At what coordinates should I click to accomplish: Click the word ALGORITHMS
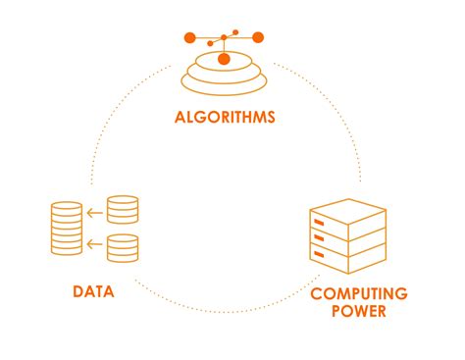(225, 119)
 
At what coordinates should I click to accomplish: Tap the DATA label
(94, 291)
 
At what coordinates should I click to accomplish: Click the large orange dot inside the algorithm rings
(224, 60)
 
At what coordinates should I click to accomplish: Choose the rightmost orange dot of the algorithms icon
(258, 38)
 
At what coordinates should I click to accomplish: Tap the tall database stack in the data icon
(67, 228)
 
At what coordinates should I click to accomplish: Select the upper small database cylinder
(123, 209)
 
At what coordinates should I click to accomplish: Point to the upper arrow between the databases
(95, 210)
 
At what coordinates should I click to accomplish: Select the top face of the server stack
(346, 209)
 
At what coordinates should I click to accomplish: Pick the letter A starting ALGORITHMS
(180, 119)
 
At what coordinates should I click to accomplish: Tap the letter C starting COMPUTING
(316, 293)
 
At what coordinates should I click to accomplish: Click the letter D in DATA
(78, 291)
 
